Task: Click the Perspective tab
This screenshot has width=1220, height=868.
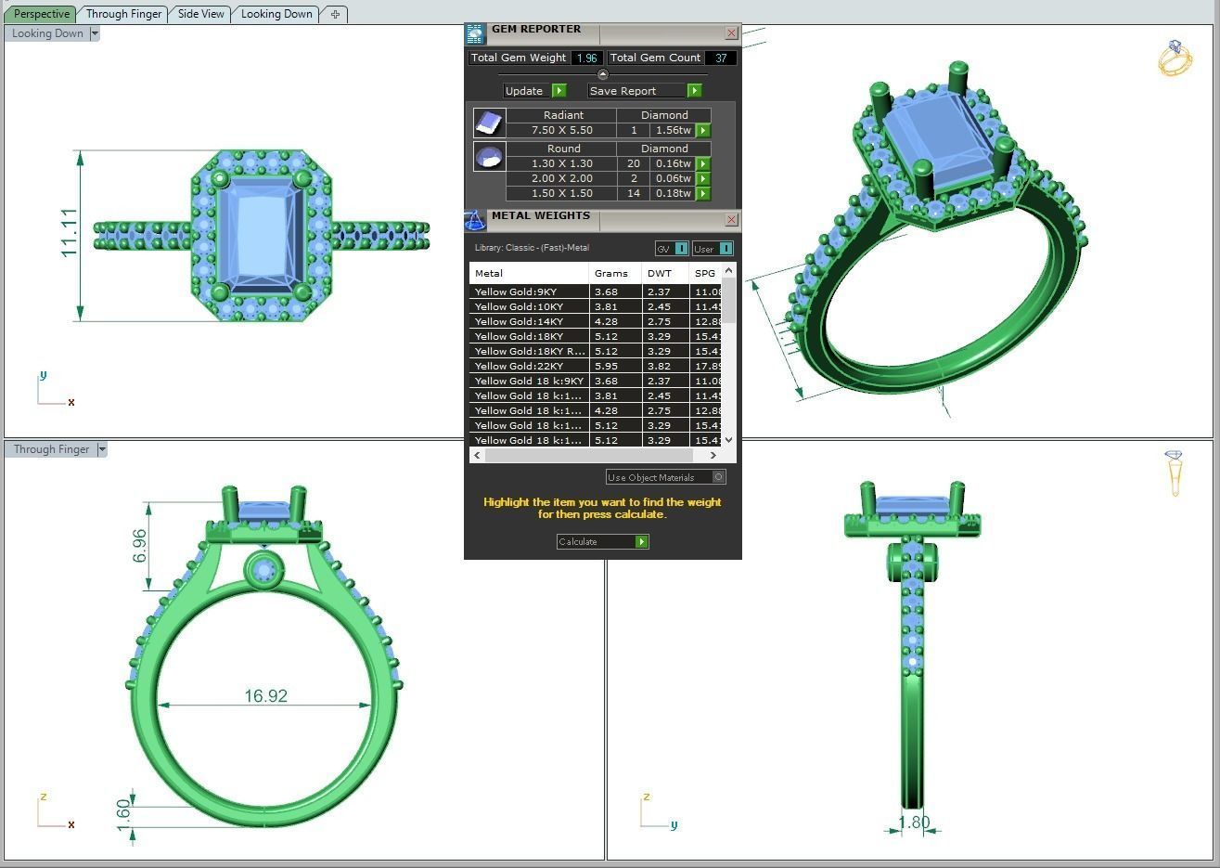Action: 42,14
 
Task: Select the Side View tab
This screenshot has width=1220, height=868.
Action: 201,14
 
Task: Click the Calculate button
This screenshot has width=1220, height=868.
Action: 602,541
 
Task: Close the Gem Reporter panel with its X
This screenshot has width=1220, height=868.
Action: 731,33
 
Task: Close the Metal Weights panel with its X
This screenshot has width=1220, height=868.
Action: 731,220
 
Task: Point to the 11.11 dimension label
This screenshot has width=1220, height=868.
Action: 69,233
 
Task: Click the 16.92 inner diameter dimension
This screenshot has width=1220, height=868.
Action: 265,695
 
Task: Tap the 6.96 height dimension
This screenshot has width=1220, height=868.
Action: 139,546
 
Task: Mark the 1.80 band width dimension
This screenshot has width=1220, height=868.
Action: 914,823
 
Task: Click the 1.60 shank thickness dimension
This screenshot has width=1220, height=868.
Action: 124,816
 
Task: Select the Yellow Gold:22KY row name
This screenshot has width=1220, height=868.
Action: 519,366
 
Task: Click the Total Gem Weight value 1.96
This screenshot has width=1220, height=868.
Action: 586,58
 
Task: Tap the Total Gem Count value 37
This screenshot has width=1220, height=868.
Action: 720,58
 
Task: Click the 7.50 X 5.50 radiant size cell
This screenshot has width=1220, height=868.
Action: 561,130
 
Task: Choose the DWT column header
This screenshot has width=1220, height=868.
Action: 660,273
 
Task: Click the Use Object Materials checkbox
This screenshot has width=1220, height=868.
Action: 718,477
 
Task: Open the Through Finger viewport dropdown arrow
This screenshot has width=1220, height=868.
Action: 102,449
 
